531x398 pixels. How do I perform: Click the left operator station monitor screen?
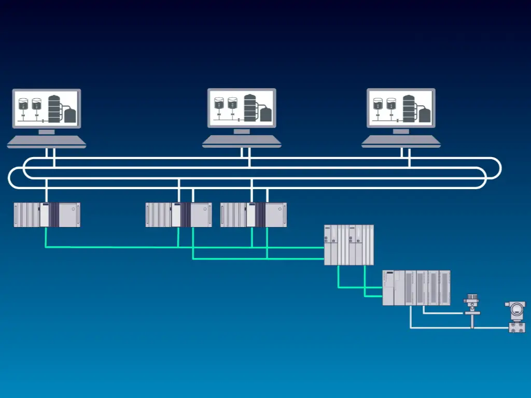tap(47, 108)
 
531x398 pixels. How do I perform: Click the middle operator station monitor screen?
tap(242, 108)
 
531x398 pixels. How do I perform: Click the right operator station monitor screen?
tap(401, 108)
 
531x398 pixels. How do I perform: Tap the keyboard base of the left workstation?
tap(47, 141)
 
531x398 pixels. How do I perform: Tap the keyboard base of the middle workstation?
tap(242, 141)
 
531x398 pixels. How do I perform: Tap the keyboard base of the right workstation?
tap(401, 141)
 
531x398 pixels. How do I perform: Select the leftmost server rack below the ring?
tap(47, 215)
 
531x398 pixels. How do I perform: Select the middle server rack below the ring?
tap(178, 215)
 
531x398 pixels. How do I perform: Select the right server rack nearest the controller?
tap(253, 215)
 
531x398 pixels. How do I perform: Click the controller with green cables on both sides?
tap(348, 245)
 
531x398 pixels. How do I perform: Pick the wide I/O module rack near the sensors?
tap(416, 288)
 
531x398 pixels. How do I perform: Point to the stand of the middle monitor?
tap(242, 132)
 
